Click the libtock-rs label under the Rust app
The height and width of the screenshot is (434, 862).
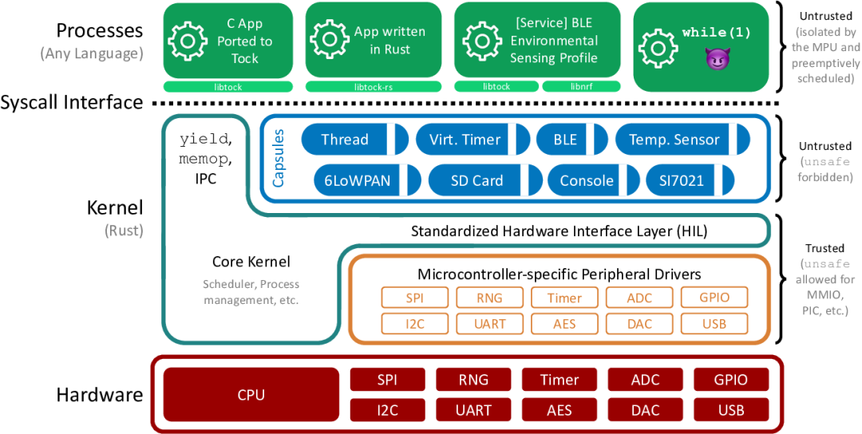[x=374, y=86]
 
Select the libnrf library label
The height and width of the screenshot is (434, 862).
[x=571, y=86]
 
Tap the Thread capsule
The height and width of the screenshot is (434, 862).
[x=345, y=140]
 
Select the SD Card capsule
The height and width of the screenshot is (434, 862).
[x=476, y=180]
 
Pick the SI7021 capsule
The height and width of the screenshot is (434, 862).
[x=681, y=180]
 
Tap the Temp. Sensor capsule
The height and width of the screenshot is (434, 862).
[x=674, y=140]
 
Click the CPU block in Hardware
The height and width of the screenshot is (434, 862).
[x=251, y=395]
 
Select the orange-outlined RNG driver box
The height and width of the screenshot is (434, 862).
[x=489, y=298]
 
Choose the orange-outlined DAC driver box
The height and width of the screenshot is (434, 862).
[x=639, y=323]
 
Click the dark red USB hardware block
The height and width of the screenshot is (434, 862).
[x=731, y=410]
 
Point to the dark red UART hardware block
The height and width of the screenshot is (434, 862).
[x=473, y=410]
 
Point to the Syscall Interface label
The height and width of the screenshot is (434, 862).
[x=72, y=103]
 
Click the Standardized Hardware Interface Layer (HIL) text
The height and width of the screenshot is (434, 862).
[x=559, y=231]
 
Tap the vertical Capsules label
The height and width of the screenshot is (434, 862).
[x=279, y=160]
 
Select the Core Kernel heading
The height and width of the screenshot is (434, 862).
[x=251, y=262]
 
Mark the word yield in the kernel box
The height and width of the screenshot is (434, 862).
[x=203, y=139]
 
